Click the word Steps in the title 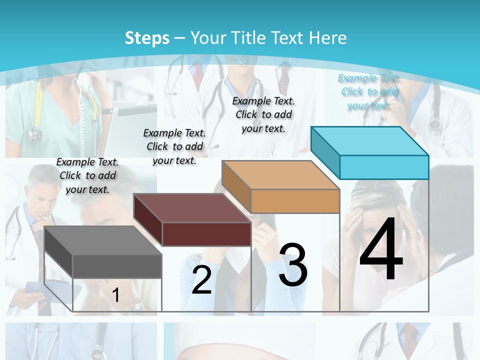tap(147, 38)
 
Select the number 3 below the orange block tap(293, 265)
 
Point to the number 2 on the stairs tap(201, 280)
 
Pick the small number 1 tap(115, 295)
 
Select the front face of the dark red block tap(206, 234)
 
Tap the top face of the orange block tap(280, 175)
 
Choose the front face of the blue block tap(384, 167)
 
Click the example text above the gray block tap(87, 175)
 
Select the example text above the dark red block tap(174, 146)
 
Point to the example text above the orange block tap(263, 114)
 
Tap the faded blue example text tap(369, 91)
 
